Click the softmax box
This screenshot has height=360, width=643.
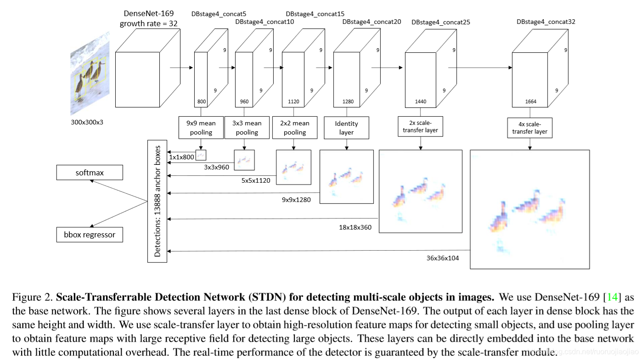90,173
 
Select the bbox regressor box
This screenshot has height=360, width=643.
90,235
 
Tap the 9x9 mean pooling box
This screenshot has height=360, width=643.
201,128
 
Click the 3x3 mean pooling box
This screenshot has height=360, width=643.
247,128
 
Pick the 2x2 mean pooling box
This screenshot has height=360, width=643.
294,128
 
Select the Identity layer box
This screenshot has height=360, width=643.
346,128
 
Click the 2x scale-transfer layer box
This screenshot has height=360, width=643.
420,126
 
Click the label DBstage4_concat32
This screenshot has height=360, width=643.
546,22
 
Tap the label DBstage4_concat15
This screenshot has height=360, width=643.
315,14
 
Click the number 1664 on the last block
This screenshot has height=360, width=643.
530,101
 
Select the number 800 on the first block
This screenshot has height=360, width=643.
201,101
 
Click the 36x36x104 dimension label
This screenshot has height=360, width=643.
442,258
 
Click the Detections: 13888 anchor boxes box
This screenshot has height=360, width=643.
157,201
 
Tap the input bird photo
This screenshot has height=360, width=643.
90,73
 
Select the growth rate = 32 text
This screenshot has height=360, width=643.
149,23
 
